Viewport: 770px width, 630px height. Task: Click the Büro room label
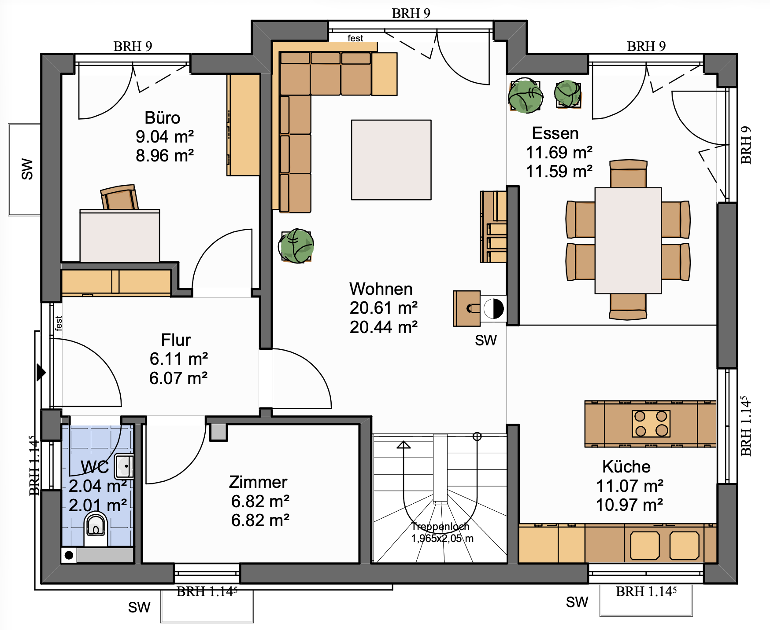[163, 118]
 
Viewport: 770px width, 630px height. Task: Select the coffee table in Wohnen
[391, 160]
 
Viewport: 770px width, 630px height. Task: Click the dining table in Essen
[628, 241]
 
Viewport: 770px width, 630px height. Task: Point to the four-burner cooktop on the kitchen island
[651, 424]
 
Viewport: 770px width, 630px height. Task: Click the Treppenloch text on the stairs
[441, 527]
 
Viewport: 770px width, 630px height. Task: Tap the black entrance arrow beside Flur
[41, 372]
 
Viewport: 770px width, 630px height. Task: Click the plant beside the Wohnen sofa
[296, 246]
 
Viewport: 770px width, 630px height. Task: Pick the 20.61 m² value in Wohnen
[384, 308]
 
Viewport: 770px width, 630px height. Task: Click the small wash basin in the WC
[124, 466]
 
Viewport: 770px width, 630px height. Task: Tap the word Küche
[626, 466]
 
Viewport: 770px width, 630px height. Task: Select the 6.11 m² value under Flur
[179, 359]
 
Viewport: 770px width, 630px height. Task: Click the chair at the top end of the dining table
[629, 173]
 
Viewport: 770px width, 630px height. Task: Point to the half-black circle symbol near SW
[494, 309]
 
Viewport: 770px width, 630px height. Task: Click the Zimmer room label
[258, 482]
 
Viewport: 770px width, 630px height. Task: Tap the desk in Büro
[120, 236]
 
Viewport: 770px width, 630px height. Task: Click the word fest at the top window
[355, 38]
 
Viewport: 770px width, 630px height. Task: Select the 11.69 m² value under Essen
[559, 153]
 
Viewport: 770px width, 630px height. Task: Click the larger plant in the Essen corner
[526, 96]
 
